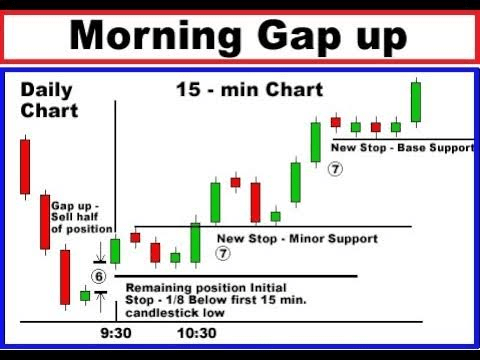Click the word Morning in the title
click(155, 37)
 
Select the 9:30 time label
click(116, 333)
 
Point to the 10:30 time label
click(197, 333)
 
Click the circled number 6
click(99, 276)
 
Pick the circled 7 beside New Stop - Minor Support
click(223, 253)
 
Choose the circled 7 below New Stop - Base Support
click(335, 169)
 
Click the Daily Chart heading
click(49, 100)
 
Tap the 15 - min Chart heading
click(250, 89)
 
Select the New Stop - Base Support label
click(402, 148)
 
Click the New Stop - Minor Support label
click(297, 239)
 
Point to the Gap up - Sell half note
click(82, 217)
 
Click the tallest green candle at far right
click(416, 102)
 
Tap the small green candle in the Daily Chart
click(85, 296)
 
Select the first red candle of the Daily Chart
click(25, 167)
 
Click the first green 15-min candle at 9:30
click(115, 251)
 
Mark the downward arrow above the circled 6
click(100, 252)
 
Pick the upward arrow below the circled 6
click(100, 302)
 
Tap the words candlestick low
click(175, 313)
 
